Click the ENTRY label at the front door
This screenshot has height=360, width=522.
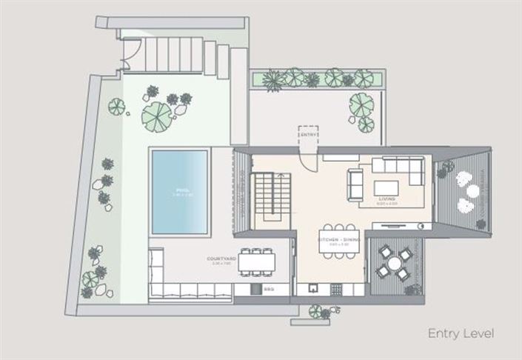click(307, 134)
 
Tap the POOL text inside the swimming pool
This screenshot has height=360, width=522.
click(180, 190)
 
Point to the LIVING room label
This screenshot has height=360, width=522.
click(387, 199)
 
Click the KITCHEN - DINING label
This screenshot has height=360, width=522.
click(338, 239)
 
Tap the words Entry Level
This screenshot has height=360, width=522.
click(461, 333)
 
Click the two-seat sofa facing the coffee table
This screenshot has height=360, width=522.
click(355, 184)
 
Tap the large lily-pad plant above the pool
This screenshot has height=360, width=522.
click(156, 115)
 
